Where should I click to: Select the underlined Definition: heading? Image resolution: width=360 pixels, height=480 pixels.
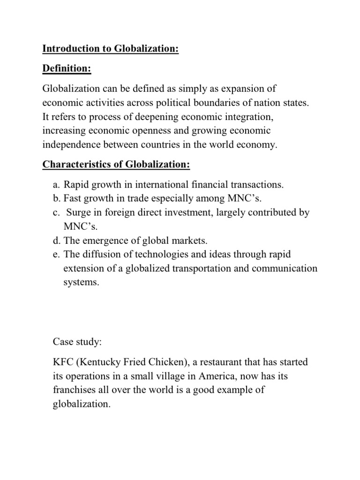[x=67, y=69]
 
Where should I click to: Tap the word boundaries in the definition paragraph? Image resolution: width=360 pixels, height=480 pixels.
[x=231, y=103]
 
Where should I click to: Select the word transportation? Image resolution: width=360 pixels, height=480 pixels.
[x=210, y=269]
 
